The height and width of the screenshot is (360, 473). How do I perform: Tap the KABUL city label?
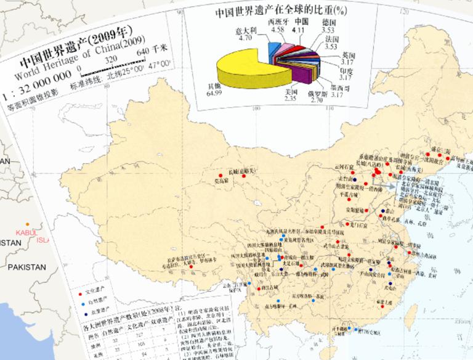coord(26,232)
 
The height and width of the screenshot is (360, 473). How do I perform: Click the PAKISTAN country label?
coord(26,268)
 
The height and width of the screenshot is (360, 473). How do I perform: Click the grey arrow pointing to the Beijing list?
coord(387,182)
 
